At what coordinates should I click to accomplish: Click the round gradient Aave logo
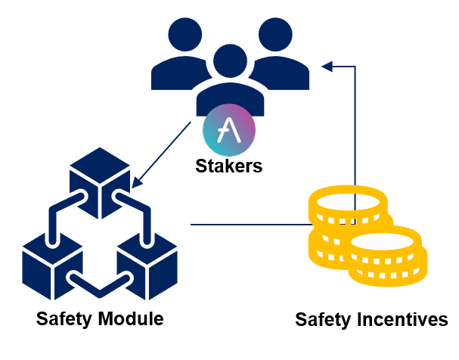pyautogui.click(x=229, y=130)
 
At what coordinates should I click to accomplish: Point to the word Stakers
pyautogui.click(x=229, y=166)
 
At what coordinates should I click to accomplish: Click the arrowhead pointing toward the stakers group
pyautogui.click(x=327, y=67)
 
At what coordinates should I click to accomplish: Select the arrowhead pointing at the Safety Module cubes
pyautogui.click(x=138, y=184)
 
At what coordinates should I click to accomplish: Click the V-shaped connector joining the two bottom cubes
pyautogui.click(x=100, y=285)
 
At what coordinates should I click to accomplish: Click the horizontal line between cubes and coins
pyautogui.click(x=250, y=225)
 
